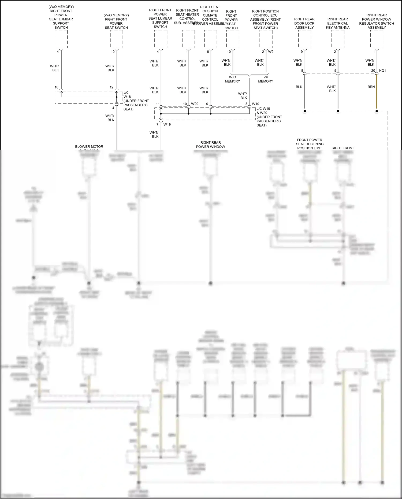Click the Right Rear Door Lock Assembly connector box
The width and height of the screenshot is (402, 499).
[304, 39]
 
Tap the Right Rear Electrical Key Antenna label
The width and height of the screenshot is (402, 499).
[337, 23]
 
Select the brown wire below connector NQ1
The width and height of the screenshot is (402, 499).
[377, 93]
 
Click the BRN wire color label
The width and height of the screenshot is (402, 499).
[371, 87]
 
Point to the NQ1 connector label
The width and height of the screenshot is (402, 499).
[382, 71]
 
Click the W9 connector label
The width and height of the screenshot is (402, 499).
[271, 52]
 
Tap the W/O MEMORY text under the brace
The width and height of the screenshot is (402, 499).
[232, 79]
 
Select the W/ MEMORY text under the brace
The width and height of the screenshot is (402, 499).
[265, 79]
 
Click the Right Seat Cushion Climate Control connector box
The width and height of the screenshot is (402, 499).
[211, 39]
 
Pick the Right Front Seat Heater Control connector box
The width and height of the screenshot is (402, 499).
[188, 39]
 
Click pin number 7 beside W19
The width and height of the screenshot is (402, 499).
[158, 125]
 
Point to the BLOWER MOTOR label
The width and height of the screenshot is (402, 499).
[89, 147]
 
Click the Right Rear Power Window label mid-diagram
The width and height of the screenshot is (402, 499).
[210, 145]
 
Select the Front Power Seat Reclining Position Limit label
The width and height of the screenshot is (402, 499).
[310, 144]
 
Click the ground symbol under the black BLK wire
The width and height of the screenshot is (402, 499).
[305, 112]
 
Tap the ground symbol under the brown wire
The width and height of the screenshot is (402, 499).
[377, 112]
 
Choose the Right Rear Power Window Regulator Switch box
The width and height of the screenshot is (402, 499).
[377, 39]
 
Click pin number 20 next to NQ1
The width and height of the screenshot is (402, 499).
[373, 71]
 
